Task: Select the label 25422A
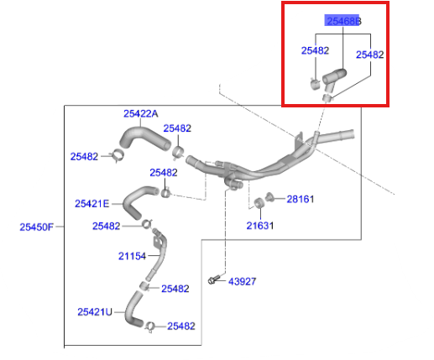coord(141,113)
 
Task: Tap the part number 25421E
coord(92,204)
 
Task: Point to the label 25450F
coord(36,227)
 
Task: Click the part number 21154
coord(132,256)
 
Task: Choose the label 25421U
coord(95,312)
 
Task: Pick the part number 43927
coord(242,281)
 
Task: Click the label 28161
coord(301,199)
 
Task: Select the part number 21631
coord(259,226)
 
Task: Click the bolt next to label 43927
coord(212,279)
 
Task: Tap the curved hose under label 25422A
coord(144,138)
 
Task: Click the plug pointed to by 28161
coord(269,196)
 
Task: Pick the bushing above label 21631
coord(259,203)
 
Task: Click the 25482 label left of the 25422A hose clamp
coord(84,156)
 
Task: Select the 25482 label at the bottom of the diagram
coord(181,326)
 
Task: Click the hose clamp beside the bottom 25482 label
coord(149,326)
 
